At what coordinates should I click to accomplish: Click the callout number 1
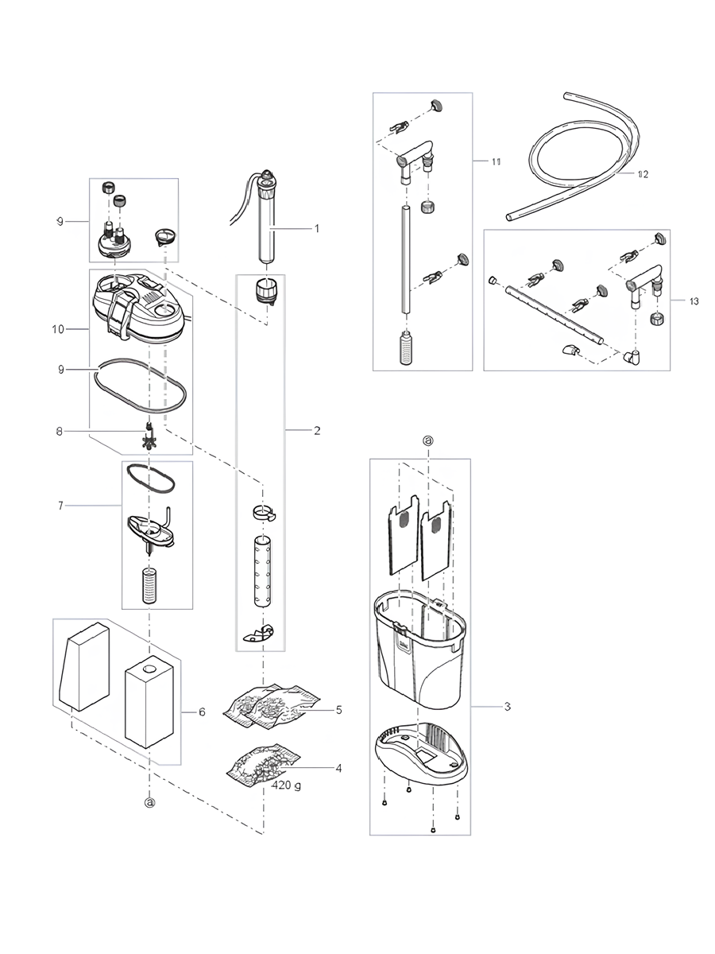click(x=316, y=228)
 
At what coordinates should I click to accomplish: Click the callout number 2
click(x=316, y=431)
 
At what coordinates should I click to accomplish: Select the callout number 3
click(x=507, y=707)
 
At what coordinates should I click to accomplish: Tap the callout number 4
click(x=338, y=768)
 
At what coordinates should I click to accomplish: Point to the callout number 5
click(x=338, y=709)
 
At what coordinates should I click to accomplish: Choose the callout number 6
click(x=202, y=712)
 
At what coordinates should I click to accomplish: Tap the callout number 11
click(x=496, y=162)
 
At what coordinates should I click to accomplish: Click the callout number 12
click(x=642, y=174)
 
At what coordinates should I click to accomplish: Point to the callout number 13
click(x=694, y=301)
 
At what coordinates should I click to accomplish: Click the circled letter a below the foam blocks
click(x=149, y=803)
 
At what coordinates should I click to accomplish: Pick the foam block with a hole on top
click(x=149, y=700)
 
